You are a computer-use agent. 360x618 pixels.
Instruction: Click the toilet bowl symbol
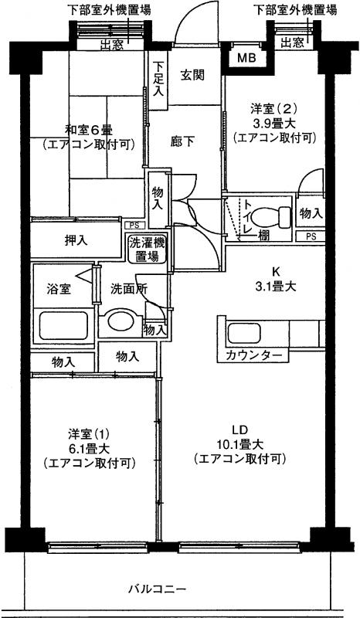coord(271,217)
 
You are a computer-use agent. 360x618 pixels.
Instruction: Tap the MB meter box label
coord(247,59)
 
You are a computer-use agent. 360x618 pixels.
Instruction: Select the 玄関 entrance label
coord(193,75)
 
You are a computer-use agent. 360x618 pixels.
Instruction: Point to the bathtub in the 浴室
coord(63,325)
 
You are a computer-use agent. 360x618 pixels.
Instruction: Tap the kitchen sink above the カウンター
coord(243,334)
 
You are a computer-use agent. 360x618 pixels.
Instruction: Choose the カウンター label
coord(254,355)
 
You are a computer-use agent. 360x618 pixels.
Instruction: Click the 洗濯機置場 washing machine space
coord(147,250)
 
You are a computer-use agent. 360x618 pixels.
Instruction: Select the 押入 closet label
coord(76,240)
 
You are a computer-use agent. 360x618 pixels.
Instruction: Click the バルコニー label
coord(157,589)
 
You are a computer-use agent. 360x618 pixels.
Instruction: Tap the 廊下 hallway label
coord(182,141)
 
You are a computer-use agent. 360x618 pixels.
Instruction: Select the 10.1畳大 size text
coord(239,445)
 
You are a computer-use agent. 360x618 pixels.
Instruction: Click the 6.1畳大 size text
coord(90,449)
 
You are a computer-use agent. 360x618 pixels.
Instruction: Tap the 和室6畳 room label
coord(90,129)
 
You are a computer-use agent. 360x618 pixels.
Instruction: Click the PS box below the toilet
coord(311,236)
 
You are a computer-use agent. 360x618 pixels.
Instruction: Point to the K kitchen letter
coord(276,271)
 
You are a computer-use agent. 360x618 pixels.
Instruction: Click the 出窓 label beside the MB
coord(292,43)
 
